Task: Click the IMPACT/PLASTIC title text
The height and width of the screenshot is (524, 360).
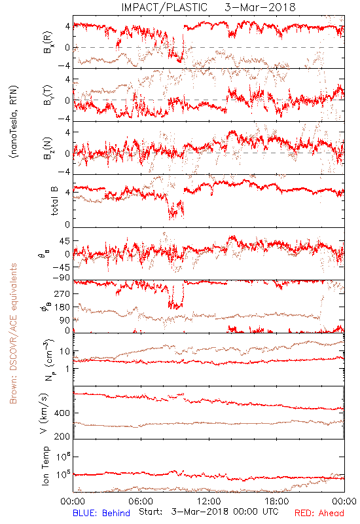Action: coord(164,7)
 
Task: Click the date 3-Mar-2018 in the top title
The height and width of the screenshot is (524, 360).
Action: coord(260,7)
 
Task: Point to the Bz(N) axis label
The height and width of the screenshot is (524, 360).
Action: coord(48,148)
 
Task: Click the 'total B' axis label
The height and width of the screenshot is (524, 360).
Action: coord(54,201)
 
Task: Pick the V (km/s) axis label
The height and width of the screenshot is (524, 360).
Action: coord(44,413)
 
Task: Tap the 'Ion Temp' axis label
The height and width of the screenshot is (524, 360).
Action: coord(45,466)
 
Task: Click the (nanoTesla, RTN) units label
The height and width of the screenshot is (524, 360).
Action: coord(14,122)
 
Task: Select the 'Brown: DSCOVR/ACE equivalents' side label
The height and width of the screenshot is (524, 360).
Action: coord(13,333)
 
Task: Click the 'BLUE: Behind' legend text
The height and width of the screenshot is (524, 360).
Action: coord(101,513)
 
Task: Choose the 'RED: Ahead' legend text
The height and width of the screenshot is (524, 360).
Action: coord(319,513)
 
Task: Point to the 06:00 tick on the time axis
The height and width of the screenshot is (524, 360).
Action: coord(141,501)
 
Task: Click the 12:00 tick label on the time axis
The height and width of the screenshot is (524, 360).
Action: coord(209,501)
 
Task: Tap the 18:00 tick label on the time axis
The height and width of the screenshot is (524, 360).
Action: coord(277,501)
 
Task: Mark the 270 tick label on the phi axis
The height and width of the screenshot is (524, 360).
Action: coord(62,293)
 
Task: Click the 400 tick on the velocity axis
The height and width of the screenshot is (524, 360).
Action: coord(62,413)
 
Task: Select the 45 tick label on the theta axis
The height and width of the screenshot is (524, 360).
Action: coord(65,241)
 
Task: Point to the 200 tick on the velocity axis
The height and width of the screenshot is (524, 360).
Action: coord(62,436)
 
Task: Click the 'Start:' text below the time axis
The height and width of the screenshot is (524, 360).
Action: coord(151,512)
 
